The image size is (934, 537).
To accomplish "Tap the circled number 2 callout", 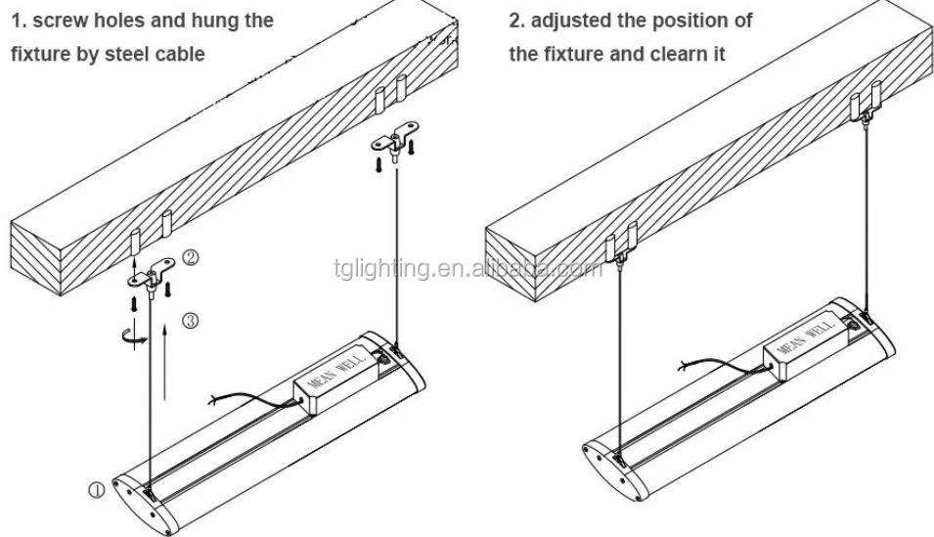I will coord(192,258).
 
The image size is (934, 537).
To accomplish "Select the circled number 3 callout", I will coord(190,320).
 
